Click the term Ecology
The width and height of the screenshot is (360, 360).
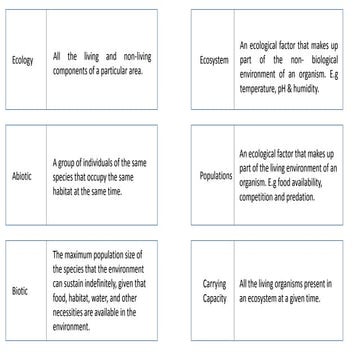23,60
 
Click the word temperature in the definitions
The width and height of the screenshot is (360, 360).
265,88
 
